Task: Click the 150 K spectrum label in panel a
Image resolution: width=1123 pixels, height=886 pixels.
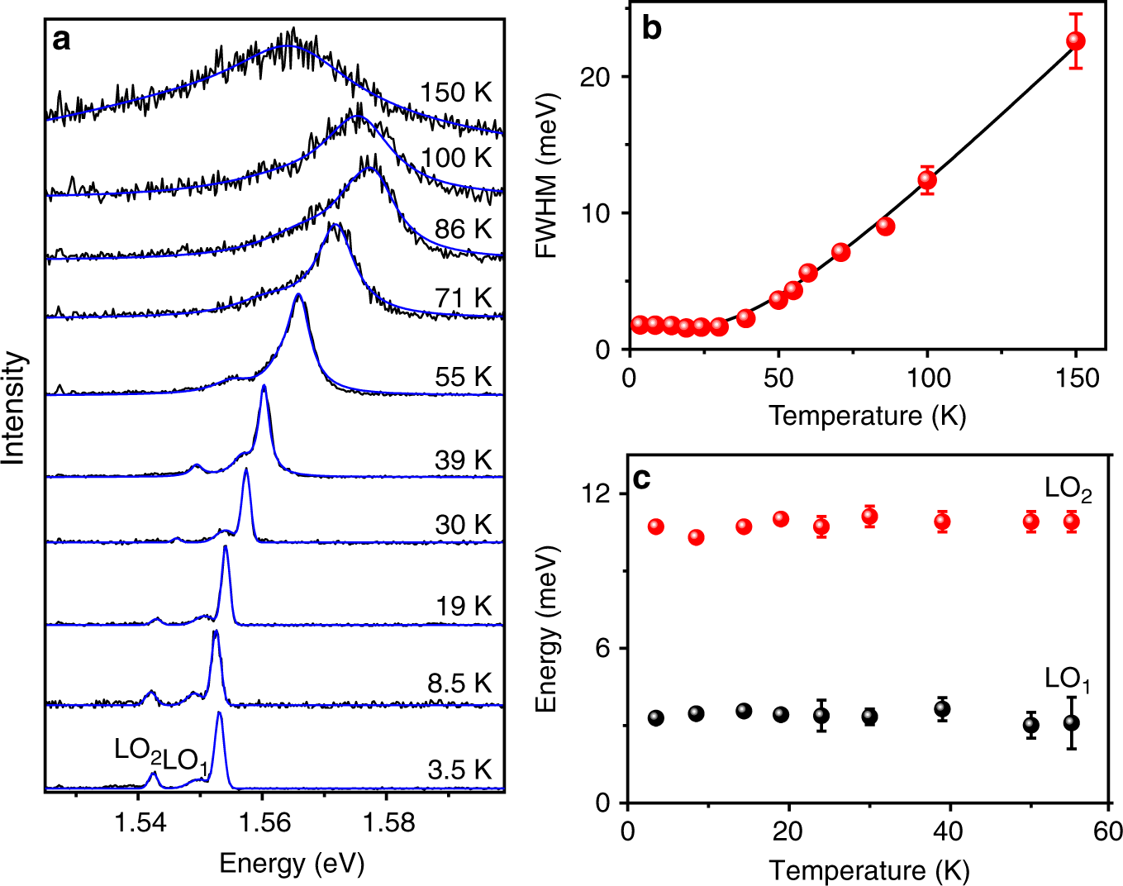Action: (x=455, y=93)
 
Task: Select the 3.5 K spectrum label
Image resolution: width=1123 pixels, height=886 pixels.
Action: (x=459, y=769)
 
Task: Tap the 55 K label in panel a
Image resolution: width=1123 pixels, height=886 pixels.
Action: (x=463, y=377)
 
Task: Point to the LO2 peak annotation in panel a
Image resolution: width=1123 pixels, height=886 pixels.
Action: (x=138, y=750)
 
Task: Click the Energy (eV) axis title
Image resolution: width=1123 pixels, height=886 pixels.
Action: (x=291, y=863)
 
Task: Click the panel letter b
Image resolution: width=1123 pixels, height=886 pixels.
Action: (x=651, y=28)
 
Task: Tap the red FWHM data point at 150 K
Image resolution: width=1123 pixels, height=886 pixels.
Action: (x=1075, y=41)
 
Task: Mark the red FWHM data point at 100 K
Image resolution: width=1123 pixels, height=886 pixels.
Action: (x=927, y=179)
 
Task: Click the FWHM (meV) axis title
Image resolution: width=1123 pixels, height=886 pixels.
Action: (x=546, y=175)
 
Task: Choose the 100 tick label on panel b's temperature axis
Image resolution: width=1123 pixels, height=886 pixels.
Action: (x=927, y=379)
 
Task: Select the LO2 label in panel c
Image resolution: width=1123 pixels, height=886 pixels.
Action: (x=1068, y=489)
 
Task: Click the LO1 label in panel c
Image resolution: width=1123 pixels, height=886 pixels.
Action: (x=1067, y=679)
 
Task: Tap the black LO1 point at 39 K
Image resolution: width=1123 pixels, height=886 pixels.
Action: (x=942, y=709)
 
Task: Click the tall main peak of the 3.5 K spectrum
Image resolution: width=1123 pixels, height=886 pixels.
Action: (x=219, y=716)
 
